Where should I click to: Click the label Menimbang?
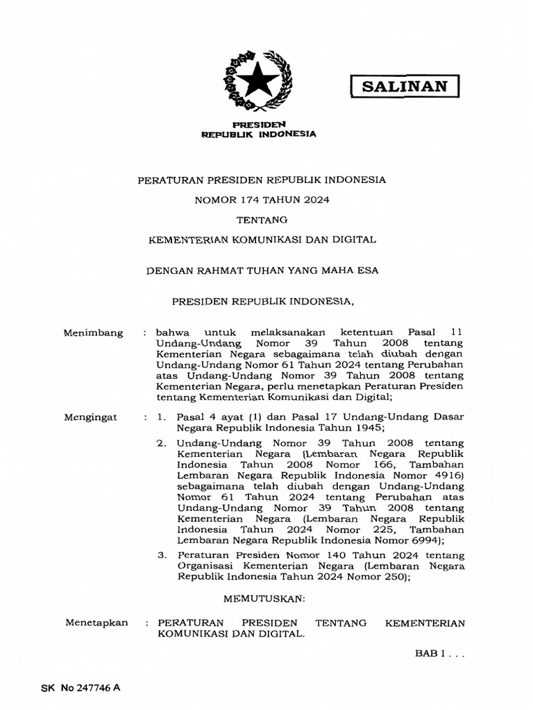tap(93, 333)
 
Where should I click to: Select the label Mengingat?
tap(92, 417)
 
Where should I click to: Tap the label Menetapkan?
tap(96, 623)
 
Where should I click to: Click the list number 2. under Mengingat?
tap(162, 441)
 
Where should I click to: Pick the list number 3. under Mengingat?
tap(162, 555)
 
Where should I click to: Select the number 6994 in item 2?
tap(427, 540)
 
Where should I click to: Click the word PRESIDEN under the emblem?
tap(257, 123)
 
